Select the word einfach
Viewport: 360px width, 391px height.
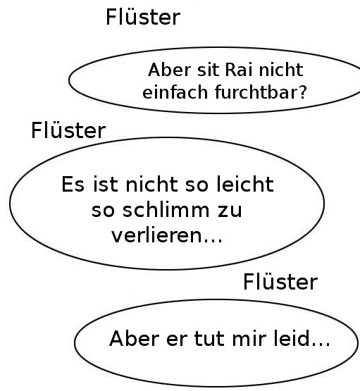[175, 92]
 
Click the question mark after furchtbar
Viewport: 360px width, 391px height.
[302, 92]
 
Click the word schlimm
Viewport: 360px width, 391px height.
[166, 210]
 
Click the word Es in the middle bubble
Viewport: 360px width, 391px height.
[73, 185]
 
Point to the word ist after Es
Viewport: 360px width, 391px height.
[105, 185]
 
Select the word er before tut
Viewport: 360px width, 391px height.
[177, 340]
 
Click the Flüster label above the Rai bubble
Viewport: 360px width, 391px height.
[143, 17]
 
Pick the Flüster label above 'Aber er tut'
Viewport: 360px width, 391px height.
[280, 282]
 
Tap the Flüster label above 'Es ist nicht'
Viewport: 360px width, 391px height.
[68, 130]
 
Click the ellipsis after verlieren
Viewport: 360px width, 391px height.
[213, 240]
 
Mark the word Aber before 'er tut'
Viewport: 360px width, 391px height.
[134, 338]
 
